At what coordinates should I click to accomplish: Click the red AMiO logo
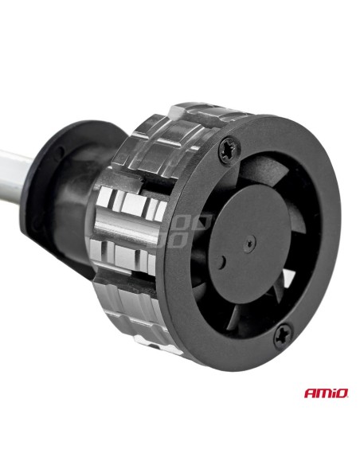[326, 393]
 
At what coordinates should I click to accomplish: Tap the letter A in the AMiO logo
[309, 393]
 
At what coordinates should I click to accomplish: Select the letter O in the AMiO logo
[342, 393]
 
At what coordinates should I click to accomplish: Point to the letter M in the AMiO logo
[323, 393]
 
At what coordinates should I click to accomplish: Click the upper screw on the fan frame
[229, 150]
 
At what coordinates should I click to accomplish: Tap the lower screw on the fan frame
[284, 335]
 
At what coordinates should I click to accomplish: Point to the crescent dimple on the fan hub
[221, 262]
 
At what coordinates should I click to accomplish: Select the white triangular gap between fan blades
[288, 278]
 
